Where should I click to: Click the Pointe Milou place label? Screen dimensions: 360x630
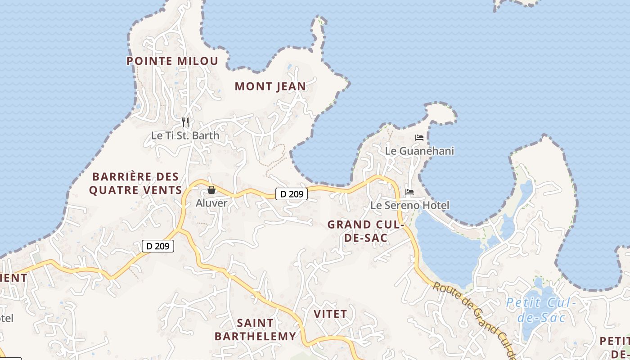(x=172, y=61)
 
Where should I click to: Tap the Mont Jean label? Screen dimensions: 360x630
(x=270, y=86)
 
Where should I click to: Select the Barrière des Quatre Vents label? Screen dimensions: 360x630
(x=135, y=183)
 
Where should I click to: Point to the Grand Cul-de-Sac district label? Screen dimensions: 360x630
(x=365, y=231)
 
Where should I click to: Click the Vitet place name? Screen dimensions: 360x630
(x=330, y=314)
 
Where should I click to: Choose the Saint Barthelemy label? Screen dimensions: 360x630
(x=255, y=329)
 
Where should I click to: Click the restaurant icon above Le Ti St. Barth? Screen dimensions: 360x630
(x=185, y=122)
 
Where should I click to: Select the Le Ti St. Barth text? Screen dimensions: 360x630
(x=185, y=135)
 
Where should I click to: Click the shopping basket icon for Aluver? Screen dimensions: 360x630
(x=211, y=190)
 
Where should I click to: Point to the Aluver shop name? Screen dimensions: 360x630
(x=211, y=203)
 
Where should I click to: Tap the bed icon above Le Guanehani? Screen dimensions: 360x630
(x=419, y=138)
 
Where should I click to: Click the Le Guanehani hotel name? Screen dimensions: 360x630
(x=419, y=151)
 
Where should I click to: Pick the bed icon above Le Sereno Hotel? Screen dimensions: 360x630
(x=409, y=192)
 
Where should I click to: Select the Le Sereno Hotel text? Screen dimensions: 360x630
(x=409, y=206)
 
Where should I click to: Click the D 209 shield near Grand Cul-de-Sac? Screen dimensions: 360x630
(x=292, y=194)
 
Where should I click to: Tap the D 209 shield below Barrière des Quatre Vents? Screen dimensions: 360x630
(x=158, y=246)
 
